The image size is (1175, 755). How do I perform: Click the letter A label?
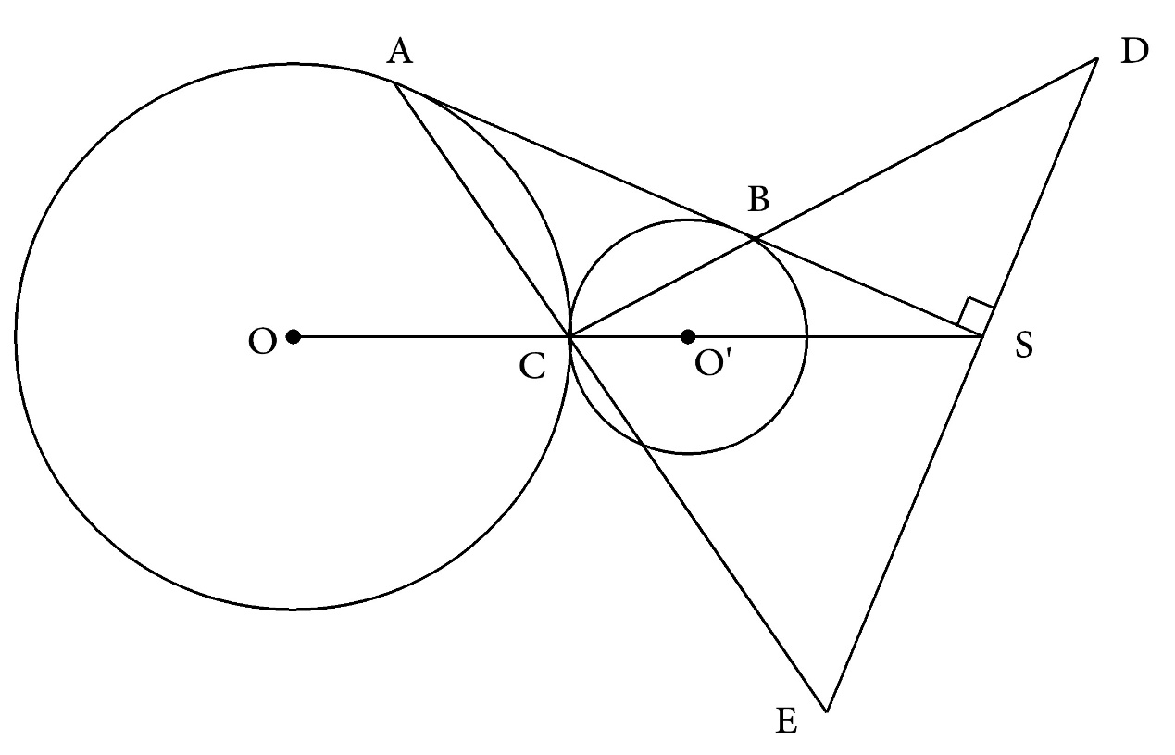(400, 54)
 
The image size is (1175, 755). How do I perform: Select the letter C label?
(531, 367)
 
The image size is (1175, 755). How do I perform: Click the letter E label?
(786, 721)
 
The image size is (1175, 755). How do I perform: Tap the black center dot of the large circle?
(293, 336)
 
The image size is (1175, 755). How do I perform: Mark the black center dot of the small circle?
(687, 336)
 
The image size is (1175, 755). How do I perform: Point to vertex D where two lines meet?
(1097, 59)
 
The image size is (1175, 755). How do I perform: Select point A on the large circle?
(395, 82)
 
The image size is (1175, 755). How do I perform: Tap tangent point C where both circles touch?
(569, 337)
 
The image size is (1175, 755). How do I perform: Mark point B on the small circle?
(755, 238)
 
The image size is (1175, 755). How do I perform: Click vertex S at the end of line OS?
(981, 337)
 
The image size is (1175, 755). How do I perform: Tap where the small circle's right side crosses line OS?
(806, 337)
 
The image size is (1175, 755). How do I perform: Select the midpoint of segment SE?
(904, 524)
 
